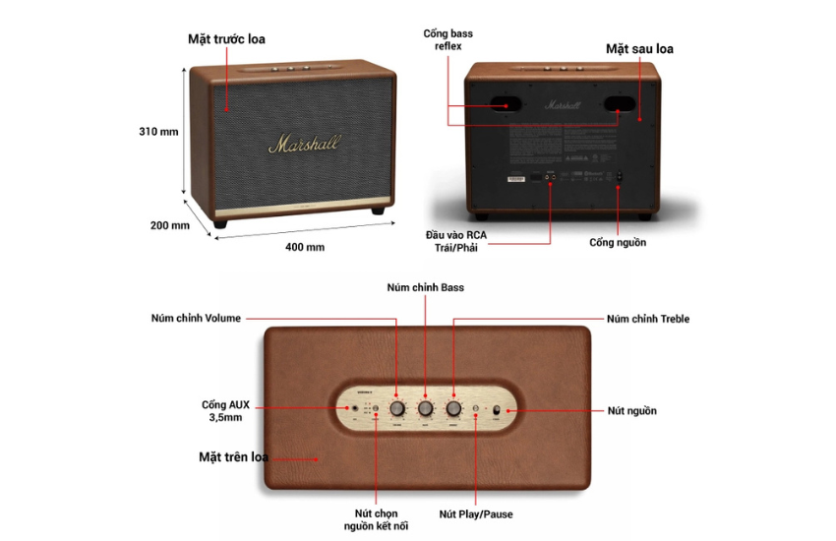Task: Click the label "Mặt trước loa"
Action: [226, 39]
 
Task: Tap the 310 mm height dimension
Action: [158, 131]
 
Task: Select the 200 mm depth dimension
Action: [169, 225]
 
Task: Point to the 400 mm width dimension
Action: [305, 247]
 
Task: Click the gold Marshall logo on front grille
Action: [304, 145]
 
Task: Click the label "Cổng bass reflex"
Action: [448, 39]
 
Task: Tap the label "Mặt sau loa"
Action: [639, 48]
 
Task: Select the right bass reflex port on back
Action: [619, 102]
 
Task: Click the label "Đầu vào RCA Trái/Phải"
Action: [455, 241]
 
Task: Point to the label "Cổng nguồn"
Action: [618, 242]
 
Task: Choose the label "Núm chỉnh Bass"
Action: [425, 287]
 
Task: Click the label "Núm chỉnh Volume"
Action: [195, 318]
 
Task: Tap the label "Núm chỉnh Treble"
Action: [647, 319]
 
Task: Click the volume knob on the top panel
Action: [396, 408]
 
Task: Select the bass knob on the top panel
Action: [425, 408]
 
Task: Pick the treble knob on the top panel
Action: [453, 408]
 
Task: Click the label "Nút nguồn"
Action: [631, 410]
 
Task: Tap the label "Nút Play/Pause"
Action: [476, 513]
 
